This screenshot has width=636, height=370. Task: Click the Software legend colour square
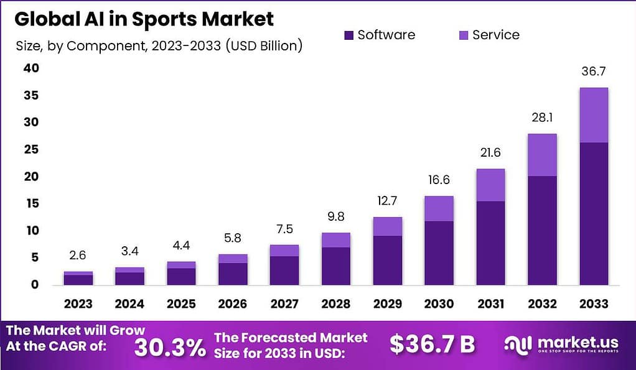tap(348, 35)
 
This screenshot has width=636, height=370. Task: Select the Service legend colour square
tap(463, 35)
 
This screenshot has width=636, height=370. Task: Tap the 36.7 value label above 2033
tap(593, 72)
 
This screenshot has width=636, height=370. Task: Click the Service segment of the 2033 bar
tap(593, 115)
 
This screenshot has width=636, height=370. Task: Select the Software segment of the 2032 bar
tap(542, 230)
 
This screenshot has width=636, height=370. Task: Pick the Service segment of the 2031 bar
tap(490, 185)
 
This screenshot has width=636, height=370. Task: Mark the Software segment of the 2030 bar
tap(439, 252)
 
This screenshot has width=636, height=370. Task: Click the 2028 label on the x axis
tap(336, 303)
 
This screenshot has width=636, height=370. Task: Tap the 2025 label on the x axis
tap(181, 303)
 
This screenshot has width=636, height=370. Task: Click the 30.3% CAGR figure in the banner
tap(170, 347)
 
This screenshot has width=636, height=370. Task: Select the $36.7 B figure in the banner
tap(432, 344)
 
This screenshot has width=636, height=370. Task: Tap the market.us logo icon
tap(518, 345)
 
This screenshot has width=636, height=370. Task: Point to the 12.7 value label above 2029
tap(387, 201)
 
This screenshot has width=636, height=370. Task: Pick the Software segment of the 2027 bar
tap(284, 270)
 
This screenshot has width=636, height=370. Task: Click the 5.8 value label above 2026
tap(233, 239)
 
